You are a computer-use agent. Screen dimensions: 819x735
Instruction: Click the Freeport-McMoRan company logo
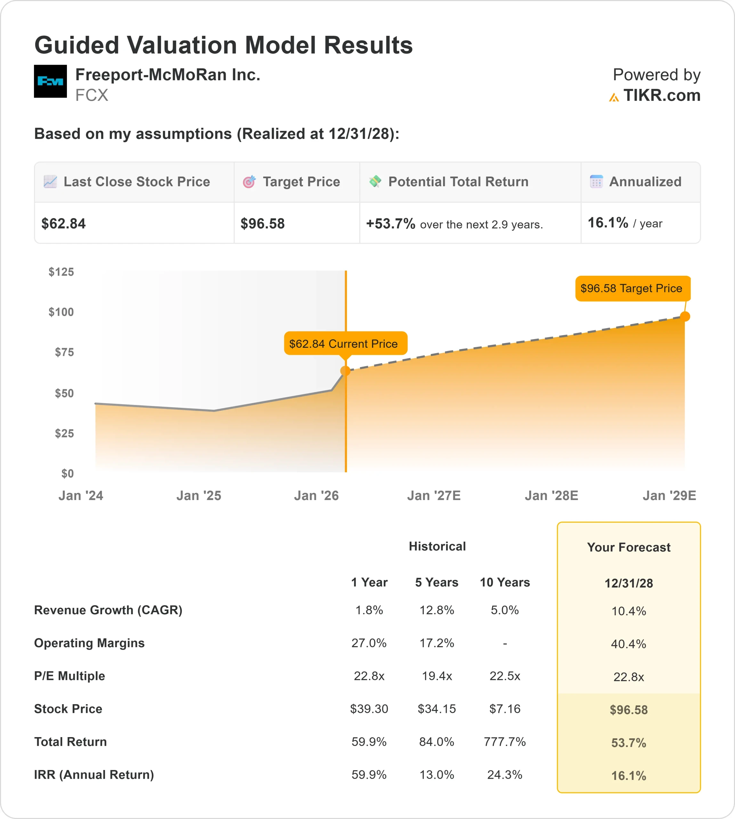50,81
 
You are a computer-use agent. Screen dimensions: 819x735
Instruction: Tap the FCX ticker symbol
92,95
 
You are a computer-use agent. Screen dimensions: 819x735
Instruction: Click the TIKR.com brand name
661,95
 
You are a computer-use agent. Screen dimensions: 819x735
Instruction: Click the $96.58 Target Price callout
633,288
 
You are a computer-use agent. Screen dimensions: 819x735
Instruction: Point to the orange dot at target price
685,316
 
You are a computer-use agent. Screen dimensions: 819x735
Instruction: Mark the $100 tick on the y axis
61,312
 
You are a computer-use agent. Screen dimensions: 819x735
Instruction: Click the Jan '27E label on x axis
434,495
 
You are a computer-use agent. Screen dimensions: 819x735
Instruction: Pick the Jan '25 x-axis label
199,495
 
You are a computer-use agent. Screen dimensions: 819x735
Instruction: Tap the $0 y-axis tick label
68,473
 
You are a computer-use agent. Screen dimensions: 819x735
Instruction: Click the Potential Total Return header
458,182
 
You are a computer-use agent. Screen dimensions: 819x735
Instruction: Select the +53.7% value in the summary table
391,224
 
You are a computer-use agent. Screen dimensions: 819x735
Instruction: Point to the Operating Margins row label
89,643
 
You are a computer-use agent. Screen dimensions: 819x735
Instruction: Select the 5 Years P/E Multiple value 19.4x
437,676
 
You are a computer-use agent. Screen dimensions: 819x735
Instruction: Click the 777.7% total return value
505,742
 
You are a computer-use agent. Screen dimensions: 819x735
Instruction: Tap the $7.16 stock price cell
505,709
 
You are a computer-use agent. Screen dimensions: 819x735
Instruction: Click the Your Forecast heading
628,547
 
